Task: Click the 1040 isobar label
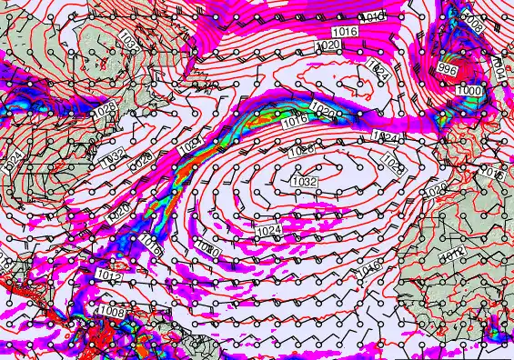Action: tap(373, 17)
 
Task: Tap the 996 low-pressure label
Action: tap(448, 69)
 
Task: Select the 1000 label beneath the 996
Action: tap(469, 91)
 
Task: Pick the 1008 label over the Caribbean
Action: tap(112, 312)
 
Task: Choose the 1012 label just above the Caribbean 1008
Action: tap(107, 275)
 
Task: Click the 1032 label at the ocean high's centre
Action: tap(304, 182)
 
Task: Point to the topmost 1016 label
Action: tap(344, 32)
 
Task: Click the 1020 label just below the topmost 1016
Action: tap(328, 45)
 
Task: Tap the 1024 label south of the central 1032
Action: tap(268, 232)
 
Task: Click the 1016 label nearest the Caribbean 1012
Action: tap(152, 244)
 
